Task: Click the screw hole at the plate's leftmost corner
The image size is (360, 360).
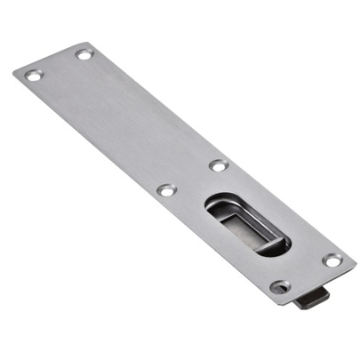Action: [x=33, y=76]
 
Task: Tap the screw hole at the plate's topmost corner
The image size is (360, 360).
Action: [x=84, y=54]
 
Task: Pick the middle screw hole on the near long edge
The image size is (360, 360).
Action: [x=165, y=189]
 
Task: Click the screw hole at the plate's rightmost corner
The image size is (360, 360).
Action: [x=332, y=260]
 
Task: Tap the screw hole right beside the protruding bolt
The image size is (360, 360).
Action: [x=280, y=286]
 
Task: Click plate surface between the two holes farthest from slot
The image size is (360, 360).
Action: [x=59, y=65]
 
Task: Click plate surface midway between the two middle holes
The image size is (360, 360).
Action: [x=192, y=177]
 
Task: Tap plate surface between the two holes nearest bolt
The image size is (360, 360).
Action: [x=306, y=274]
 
